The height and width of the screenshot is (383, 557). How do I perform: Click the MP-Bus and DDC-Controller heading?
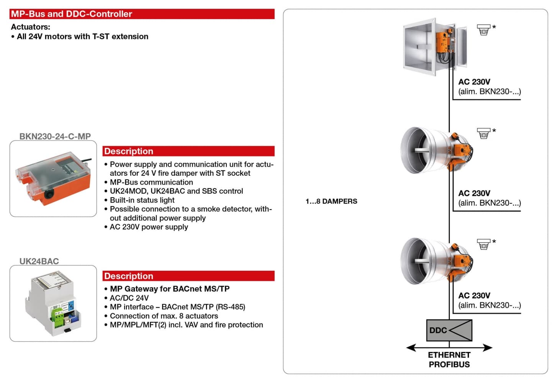pos(71,14)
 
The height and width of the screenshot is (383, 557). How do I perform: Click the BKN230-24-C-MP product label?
pos(55,136)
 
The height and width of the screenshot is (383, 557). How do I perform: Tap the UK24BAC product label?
pos(39,261)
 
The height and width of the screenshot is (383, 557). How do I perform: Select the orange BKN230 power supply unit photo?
pos(53,178)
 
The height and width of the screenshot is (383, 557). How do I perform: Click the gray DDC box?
pos(449,330)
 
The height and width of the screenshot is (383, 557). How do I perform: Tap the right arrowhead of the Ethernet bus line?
pos(487,347)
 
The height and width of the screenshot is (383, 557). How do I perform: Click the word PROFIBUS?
pos(449,364)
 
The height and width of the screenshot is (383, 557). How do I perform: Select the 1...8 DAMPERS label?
pos(331,201)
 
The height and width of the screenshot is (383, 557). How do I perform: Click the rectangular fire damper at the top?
pos(435,47)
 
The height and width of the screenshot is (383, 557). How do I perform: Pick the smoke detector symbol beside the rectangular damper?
pos(483,30)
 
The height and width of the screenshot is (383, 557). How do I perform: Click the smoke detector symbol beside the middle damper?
pos(483,133)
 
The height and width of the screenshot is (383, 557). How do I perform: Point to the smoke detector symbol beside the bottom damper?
pos(483,244)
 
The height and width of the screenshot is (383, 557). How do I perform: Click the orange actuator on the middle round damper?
pos(460,151)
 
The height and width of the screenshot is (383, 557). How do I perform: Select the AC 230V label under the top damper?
pos(474,82)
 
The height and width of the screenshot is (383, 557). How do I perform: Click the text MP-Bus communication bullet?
pos(151,182)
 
